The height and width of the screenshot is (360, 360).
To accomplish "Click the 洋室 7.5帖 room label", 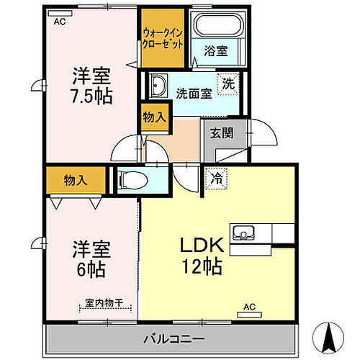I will (91, 85).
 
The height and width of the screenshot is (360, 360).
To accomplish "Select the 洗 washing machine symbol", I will (227, 82).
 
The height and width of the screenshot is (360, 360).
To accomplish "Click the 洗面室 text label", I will (193, 93).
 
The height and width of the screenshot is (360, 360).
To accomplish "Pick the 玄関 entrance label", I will (220, 132).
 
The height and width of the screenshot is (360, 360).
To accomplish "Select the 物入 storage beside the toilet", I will (76, 180).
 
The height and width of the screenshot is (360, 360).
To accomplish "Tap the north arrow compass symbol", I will (330, 334).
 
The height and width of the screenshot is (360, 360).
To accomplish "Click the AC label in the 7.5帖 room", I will (60, 22).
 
